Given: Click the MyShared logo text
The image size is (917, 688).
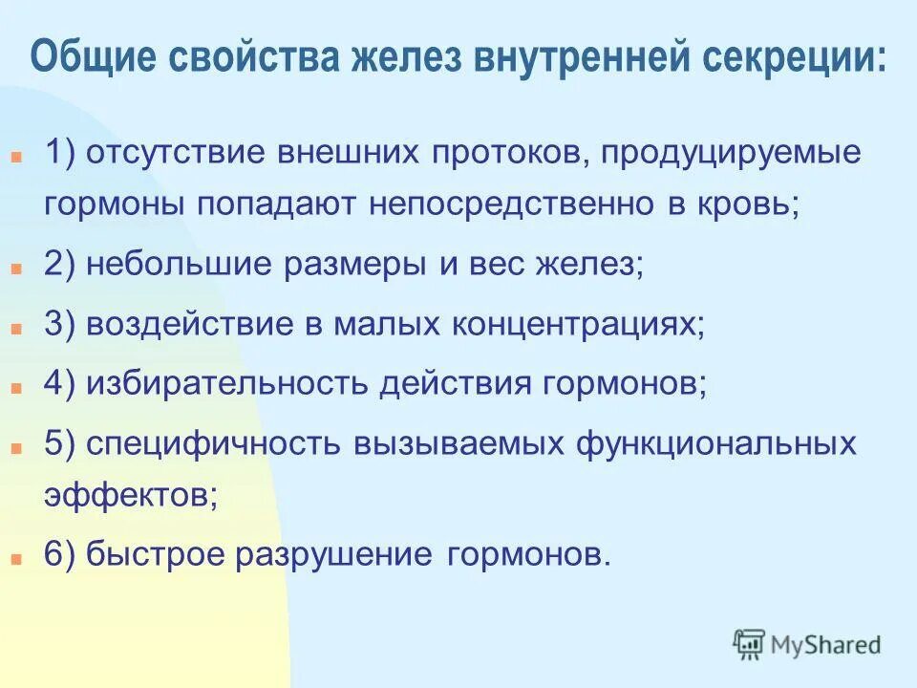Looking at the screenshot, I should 826,645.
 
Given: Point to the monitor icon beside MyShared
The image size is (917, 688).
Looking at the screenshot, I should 750,644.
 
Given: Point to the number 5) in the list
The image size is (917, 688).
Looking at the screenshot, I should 61,445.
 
